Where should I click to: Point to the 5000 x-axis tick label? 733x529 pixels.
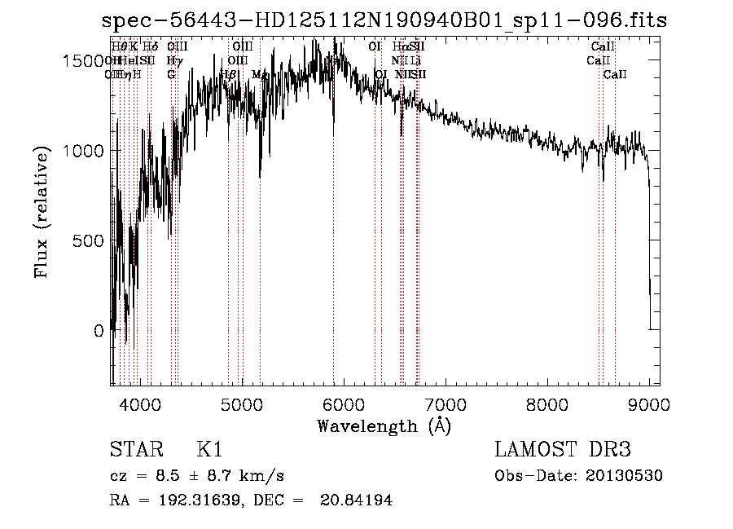(242, 404)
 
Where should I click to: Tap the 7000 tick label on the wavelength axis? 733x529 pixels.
(446, 404)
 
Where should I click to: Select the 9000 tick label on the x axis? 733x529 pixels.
(649, 404)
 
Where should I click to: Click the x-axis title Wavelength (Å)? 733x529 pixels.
(384, 425)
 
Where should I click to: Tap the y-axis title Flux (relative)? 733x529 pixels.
(42, 213)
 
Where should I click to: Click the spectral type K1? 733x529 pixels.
(209, 450)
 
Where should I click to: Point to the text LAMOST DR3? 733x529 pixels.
(563, 450)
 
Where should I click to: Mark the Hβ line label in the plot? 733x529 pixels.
(228, 75)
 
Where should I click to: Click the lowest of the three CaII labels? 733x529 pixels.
(615, 75)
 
